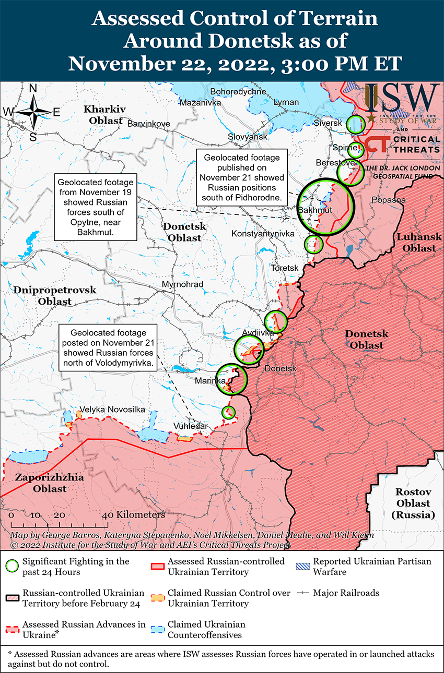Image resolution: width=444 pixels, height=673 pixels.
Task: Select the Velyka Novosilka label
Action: pyautogui.click(x=112, y=410)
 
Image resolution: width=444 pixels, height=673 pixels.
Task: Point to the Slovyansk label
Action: pyautogui.click(x=247, y=137)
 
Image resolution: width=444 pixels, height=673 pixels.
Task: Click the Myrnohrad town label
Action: pyautogui.click(x=182, y=284)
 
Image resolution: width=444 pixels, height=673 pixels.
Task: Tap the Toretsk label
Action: pyautogui.click(x=284, y=268)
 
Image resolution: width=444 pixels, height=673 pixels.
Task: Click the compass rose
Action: pyautogui.click(x=32, y=112)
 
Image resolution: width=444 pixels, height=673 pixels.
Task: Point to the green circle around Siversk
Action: pyautogui.click(x=355, y=124)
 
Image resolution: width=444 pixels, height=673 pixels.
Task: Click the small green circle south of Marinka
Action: pyautogui.click(x=228, y=412)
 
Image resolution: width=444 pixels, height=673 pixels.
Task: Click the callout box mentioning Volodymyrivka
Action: pyautogui.click(x=109, y=347)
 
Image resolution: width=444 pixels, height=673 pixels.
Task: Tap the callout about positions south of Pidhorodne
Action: pyautogui.click(x=241, y=178)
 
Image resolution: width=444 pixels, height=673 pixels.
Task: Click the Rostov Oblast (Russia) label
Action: pyautogui.click(x=413, y=503)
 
